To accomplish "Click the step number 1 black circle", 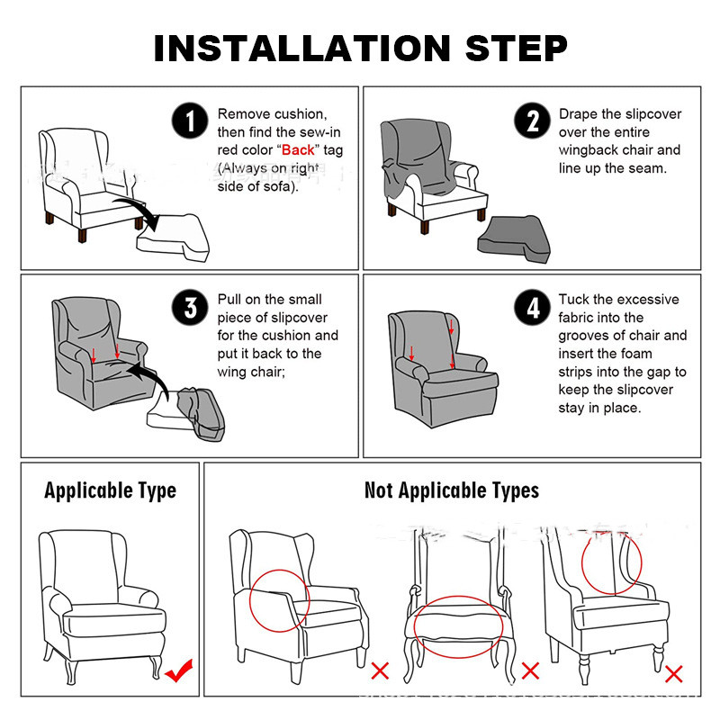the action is pos(190,121).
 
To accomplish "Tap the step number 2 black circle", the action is pos(532,121).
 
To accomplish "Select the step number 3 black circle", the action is pos(190,307).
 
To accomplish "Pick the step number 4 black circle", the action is pos(532,307).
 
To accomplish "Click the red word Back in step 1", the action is pos(298,150).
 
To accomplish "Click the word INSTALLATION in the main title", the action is pos(302,49).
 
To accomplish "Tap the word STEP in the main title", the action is pos(517,49).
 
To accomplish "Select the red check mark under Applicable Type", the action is pos(179,670).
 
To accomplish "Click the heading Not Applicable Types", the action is pos(452,490).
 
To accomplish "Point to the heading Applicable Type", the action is pos(110,490).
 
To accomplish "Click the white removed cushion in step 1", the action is pos(173,238).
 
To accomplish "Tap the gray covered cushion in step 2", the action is pos(514,239).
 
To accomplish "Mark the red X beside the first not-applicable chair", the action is pos(380,670).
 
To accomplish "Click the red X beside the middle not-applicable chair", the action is pos(530,670).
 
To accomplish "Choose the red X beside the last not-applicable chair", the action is pos(673,673).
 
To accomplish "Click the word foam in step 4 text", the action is pos(635,354).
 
